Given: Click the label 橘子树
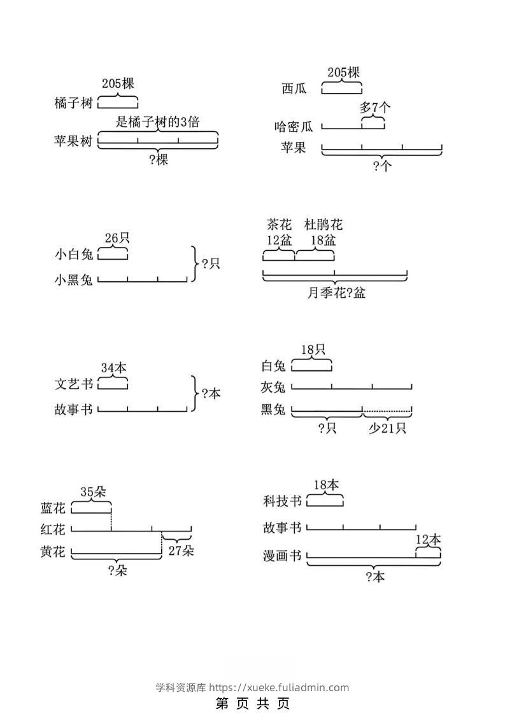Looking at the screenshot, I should pos(74,103).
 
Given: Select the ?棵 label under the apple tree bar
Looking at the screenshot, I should pos(158,160).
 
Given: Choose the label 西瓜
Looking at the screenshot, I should pos(294,88).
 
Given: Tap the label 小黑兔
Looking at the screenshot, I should pos(74,279).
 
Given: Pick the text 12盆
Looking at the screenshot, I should pos(278,241).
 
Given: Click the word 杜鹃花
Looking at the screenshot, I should pos(323,225).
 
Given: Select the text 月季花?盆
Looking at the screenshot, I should pos(336,293).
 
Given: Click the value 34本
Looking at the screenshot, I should pos(113,368).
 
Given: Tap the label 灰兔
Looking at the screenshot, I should pos(274,386).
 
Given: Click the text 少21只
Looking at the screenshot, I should pos(387,429).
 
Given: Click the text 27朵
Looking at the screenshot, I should pos(181,551).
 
